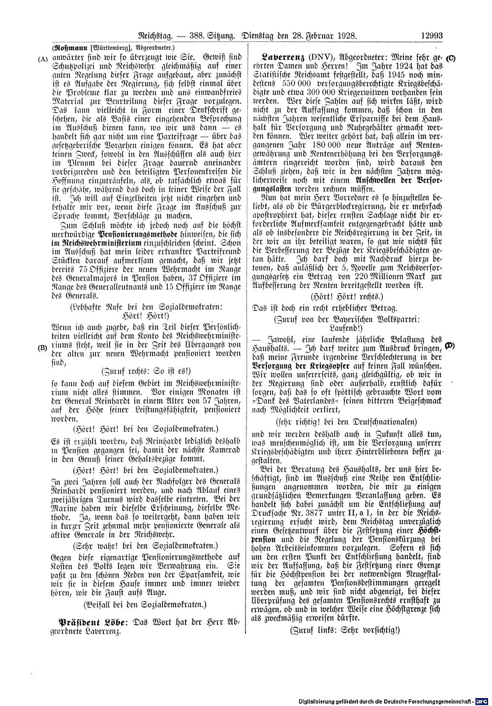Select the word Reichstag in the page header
[x=155, y=35]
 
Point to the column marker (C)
[x=451, y=58]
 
